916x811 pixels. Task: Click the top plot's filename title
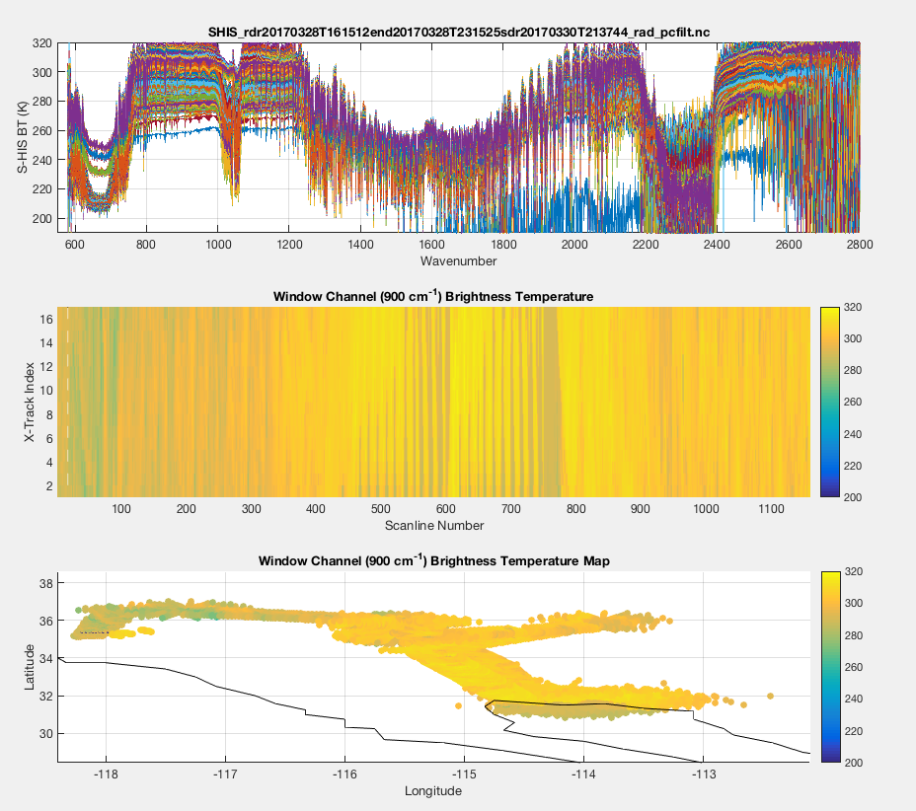click(x=458, y=33)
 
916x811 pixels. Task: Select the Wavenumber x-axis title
click(x=458, y=261)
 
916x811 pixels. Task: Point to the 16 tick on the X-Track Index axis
click(x=45, y=320)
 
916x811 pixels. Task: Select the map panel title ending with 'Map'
click(x=434, y=560)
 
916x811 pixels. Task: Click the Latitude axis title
click(x=30, y=667)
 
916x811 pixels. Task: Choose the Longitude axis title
click(x=434, y=790)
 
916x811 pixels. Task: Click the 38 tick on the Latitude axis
click(x=45, y=583)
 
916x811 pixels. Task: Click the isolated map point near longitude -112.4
click(x=770, y=696)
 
